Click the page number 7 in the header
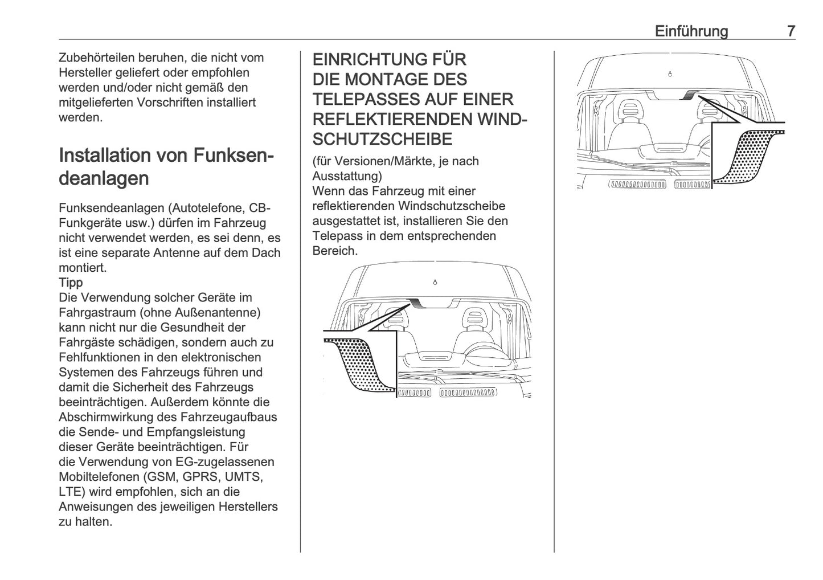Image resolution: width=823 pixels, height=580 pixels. pyautogui.click(x=791, y=31)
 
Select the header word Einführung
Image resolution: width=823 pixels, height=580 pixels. pyautogui.click(x=691, y=31)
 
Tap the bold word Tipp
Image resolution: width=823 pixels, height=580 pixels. pyautogui.click(x=71, y=283)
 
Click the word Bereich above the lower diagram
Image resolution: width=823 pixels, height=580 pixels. pyautogui.click(x=334, y=251)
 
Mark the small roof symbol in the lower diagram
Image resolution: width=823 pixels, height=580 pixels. pyautogui.click(x=435, y=283)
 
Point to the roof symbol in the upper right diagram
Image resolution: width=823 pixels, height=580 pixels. pyautogui.click(x=670, y=74)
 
